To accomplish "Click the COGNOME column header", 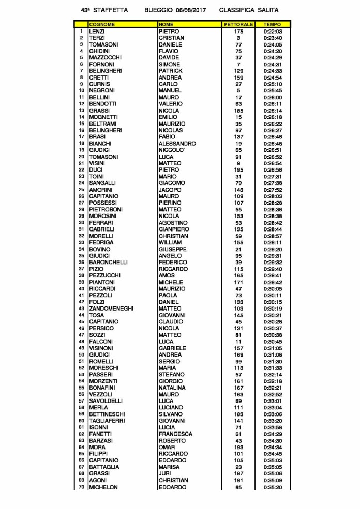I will tap(102, 24).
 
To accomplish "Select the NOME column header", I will tap(166, 24).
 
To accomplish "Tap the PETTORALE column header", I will tap(238, 24).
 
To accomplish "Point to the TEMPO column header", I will tap(272, 24).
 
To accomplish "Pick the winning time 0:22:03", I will tap(272, 32).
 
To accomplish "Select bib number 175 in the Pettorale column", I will tap(238, 32).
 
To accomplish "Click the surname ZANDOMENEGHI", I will tap(111, 309).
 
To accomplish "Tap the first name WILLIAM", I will tap(170, 242).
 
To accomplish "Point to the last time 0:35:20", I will tap(272, 487).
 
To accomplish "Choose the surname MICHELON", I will tap(103, 487).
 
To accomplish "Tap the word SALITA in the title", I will tap(267, 10).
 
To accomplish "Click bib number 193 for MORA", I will tap(238, 447).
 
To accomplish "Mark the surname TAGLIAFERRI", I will tap(109, 421).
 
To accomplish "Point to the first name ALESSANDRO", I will tap(177, 144).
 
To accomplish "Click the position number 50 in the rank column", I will tap(81, 355).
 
